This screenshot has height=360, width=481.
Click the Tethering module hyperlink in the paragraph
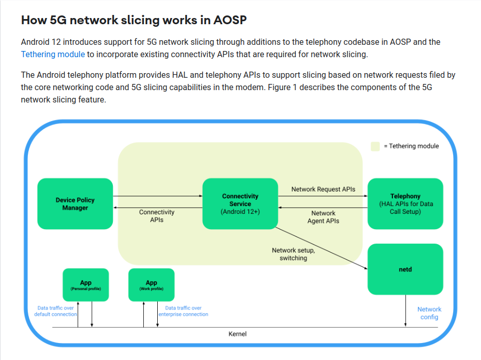pos(53,54)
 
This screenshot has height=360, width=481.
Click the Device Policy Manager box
pos(75,204)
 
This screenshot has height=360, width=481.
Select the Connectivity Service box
pos(240,204)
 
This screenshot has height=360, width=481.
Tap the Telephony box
pos(405,204)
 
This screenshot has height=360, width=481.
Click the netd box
pos(405,269)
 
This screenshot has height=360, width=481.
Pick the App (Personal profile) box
pos(86,285)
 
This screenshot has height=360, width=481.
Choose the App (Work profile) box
pos(151,285)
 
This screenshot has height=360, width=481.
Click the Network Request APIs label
pos(323,189)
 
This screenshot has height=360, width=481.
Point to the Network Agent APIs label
pos(323,217)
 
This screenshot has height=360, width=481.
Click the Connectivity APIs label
pos(157,216)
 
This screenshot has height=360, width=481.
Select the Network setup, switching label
pos(293,254)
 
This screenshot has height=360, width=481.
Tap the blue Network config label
pos(429,313)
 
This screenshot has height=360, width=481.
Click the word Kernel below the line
pos(238,334)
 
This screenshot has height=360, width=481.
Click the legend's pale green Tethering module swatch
pos(375,146)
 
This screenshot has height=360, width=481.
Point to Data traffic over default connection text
pos(56,311)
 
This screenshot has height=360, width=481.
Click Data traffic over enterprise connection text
pos(183,311)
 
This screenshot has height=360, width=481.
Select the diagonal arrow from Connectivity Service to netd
pos(320,247)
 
